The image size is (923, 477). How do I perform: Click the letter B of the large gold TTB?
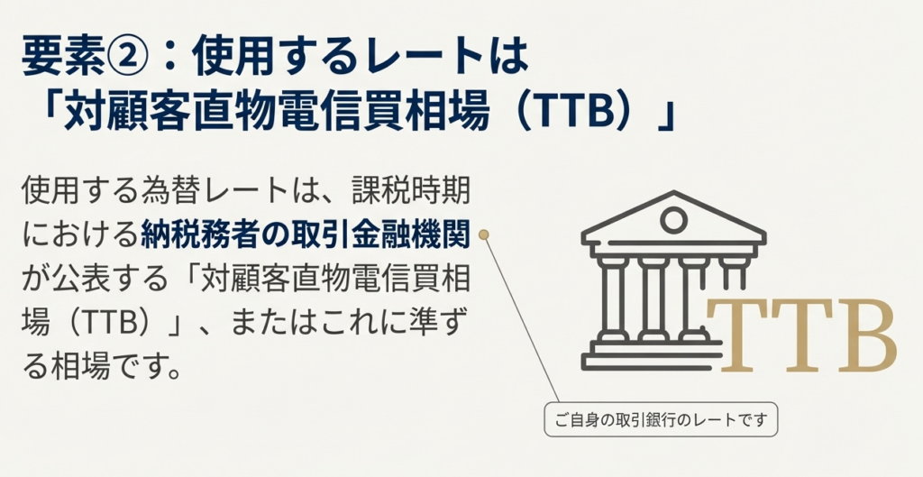tap(867, 335)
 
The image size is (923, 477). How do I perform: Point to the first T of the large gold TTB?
tap(738, 335)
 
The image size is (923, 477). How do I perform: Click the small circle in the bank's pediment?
tap(673, 221)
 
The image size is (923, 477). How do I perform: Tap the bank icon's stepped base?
tap(653, 355)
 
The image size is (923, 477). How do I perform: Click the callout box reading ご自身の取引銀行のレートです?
tap(661, 420)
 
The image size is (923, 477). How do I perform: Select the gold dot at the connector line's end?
tap(484, 235)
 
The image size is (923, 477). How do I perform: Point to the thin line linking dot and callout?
tap(522, 318)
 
